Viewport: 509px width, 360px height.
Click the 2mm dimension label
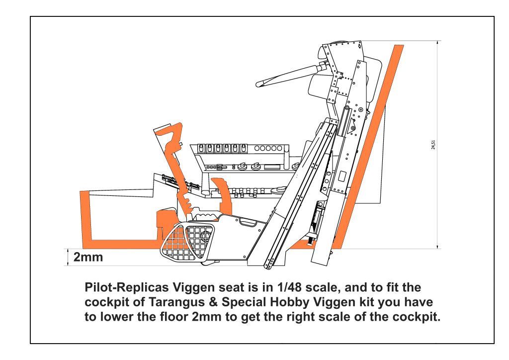pyautogui.click(x=88, y=258)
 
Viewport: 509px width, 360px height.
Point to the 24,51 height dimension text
pyautogui.click(x=434, y=145)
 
